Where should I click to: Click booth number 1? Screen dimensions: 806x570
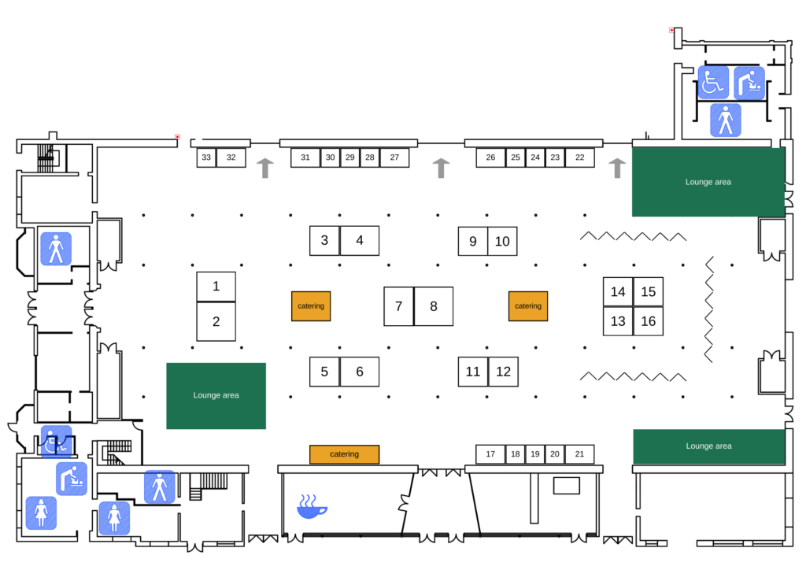coord(216,287)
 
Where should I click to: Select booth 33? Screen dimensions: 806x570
coord(206,157)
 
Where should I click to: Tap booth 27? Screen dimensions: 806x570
coord(394,157)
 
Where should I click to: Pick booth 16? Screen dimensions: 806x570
coord(649,321)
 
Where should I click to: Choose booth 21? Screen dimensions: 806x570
coord(579,453)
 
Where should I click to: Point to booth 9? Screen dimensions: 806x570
coord(473,241)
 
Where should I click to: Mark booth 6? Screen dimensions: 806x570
coord(359,372)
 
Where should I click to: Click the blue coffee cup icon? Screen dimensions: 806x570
coord(312,506)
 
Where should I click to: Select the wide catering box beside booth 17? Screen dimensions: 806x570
coord(345,454)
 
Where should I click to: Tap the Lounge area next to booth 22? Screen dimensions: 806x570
coord(708,182)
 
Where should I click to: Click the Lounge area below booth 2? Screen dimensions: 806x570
coord(216,396)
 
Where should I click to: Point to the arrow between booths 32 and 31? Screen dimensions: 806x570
coord(264,168)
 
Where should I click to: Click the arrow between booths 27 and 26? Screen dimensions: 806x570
coord(441,168)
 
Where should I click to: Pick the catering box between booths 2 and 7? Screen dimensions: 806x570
coord(311,306)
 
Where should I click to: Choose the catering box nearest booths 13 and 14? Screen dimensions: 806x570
coord(528,306)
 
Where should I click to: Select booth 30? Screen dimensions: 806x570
coord(330,157)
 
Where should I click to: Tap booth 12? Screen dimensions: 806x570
coord(503,372)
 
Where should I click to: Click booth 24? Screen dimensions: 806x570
coord(535,157)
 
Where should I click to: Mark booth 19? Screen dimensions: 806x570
coord(535,453)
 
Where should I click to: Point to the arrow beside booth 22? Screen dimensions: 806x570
coord(617,168)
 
